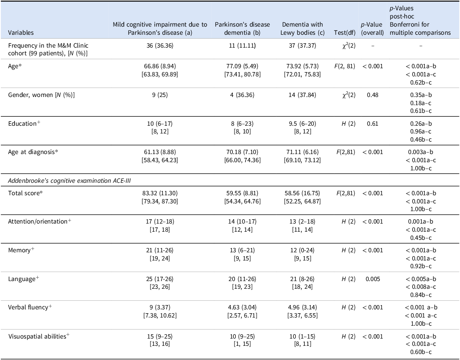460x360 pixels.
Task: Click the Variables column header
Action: [21, 33]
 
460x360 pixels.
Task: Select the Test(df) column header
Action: [345, 33]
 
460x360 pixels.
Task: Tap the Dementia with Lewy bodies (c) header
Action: [303, 28]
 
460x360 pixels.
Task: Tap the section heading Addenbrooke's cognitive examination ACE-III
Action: [69, 181]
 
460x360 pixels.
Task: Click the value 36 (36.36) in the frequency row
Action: [160, 46]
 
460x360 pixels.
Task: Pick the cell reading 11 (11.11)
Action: [242, 46]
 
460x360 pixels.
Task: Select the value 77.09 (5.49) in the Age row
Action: [242, 67]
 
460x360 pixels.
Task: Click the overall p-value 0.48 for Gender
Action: [373, 95]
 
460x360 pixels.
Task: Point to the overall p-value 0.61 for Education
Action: [373, 124]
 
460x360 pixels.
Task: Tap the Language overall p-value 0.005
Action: [373, 279]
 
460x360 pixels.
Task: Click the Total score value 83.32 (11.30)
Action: [160, 193]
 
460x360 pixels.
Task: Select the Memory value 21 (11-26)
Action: [160, 250]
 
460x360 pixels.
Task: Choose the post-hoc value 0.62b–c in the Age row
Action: [421, 82]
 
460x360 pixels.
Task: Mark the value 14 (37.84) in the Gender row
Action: [303, 95]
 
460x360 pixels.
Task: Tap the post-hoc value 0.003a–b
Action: [421, 152]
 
